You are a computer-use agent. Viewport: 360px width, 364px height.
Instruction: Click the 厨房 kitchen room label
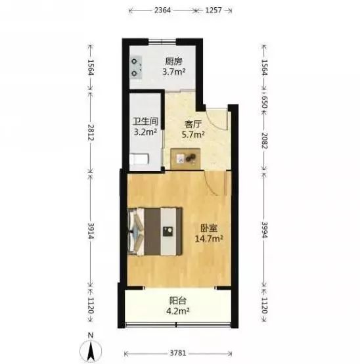[173, 62]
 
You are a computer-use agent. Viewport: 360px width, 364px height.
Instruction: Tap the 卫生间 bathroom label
[145, 122]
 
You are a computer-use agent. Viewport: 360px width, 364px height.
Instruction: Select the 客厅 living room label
[192, 124]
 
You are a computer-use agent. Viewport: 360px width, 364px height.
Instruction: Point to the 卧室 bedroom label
[209, 228]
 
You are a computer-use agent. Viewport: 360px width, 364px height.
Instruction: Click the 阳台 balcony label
[178, 301]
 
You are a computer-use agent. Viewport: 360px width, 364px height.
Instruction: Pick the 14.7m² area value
[209, 239]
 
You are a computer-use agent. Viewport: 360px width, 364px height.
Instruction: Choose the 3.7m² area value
[173, 72]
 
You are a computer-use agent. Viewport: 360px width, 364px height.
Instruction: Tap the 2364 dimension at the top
[162, 11]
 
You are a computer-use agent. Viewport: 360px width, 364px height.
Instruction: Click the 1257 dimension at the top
[214, 11]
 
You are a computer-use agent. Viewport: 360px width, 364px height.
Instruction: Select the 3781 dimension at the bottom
[178, 353]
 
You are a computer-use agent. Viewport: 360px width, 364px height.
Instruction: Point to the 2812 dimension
[91, 133]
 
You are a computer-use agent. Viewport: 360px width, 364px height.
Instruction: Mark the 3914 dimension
[91, 231]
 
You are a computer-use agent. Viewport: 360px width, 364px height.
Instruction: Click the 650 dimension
[264, 102]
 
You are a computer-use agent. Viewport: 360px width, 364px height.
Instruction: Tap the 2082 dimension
[264, 141]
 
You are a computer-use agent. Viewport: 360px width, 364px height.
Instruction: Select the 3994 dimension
[264, 230]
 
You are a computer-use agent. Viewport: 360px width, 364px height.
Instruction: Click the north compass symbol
[91, 348]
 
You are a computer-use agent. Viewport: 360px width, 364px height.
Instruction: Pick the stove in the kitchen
[136, 68]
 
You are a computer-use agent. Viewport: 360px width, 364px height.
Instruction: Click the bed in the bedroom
[155, 231]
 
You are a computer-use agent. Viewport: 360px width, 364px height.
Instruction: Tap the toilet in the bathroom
[139, 159]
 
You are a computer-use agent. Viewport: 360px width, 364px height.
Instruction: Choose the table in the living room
[185, 159]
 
